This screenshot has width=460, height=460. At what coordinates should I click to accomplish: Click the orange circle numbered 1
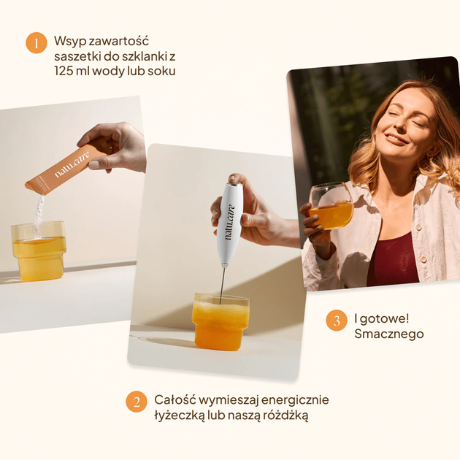click(37, 43)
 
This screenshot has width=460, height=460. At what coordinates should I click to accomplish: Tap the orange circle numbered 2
click(137, 402)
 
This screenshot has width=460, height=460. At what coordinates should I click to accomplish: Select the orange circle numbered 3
click(337, 321)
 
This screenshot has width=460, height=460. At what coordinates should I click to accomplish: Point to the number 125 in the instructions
click(64, 72)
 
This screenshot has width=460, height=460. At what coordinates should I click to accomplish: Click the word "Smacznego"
click(389, 334)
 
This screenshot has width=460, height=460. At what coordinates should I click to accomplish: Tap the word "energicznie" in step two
click(295, 400)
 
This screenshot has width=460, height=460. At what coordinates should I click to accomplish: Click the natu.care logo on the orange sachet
click(72, 164)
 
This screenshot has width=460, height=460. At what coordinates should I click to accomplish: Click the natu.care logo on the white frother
click(229, 221)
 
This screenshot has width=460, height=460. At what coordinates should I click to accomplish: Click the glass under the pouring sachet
click(39, 251)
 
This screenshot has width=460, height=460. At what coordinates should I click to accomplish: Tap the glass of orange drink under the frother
click(221, 322)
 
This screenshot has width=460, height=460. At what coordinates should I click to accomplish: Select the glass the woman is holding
click(331, 205)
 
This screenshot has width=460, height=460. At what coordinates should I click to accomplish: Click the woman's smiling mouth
click(396, 139)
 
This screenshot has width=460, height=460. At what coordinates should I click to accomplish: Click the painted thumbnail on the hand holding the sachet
click(95, 164)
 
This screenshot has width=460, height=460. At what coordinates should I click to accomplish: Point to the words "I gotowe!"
click(381, 318)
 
